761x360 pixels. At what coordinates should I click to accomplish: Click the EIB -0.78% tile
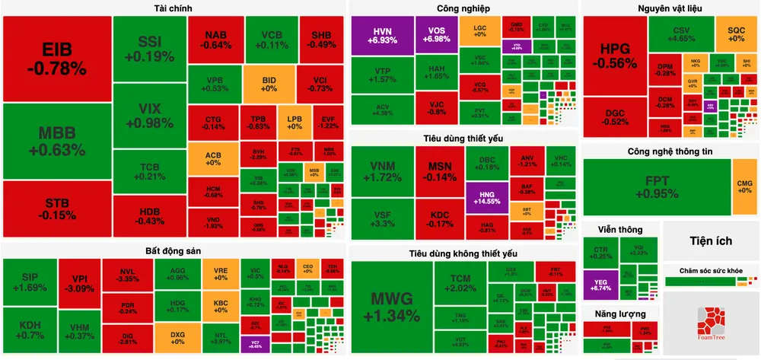(56, 59)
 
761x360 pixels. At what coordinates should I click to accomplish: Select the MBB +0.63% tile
(56, 141)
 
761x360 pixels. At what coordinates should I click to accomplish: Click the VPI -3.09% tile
(79, 282)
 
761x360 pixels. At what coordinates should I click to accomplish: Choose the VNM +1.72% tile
(382, 171)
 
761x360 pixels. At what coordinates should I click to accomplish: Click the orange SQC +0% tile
(736, 34)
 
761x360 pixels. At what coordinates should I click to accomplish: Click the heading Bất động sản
(174, 250)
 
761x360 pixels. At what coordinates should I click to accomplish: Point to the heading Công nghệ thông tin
(670, 151)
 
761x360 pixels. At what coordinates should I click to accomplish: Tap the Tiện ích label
(711, 241)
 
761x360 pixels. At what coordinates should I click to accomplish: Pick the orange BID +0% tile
(269, 83)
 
